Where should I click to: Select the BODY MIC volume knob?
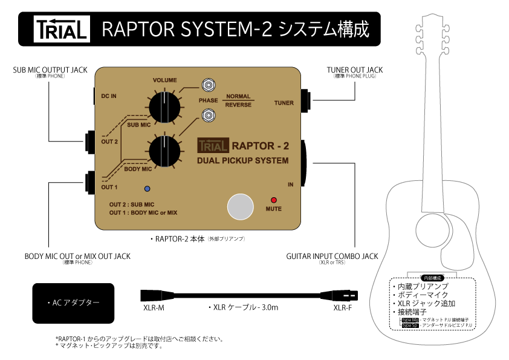164,150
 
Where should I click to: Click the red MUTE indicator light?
274,200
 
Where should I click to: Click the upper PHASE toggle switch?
209,85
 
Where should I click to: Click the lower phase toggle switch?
209,114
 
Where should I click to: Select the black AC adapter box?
73,303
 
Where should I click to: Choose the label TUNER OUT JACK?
354,70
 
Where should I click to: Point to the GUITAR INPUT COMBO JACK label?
332,257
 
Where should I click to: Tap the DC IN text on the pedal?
109,96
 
